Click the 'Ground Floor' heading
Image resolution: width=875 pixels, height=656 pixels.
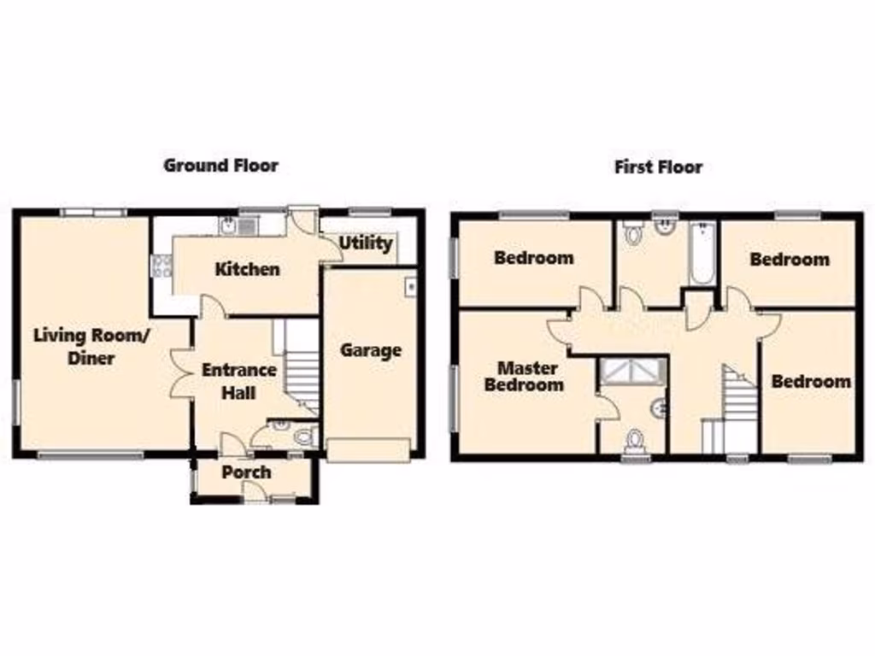(220, 166)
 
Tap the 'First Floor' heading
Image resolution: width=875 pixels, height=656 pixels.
(658, 167)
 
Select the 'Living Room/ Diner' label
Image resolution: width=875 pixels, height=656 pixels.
(91, 346)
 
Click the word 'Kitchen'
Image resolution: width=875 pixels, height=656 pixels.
(247, 269)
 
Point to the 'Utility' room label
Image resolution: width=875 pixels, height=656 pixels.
(366, 243)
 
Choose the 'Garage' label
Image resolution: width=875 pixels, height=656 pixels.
(371, 350)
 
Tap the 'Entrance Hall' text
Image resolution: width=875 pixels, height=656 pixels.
(238, 381)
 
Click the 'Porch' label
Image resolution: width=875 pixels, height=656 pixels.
(246, 472)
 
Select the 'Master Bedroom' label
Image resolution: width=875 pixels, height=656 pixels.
(527, 377)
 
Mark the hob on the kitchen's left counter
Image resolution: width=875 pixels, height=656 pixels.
(161, 266)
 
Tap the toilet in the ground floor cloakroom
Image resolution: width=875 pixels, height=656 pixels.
(303, 437)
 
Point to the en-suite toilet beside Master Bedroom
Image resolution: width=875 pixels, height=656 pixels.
(634, 440)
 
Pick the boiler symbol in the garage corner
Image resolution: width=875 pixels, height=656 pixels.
(410, 284)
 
